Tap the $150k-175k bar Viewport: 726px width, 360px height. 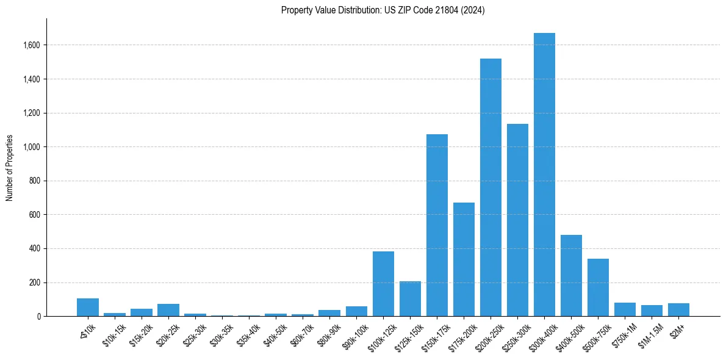click(x=437, y=225)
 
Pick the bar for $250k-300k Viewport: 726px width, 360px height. click(x=517, y=220)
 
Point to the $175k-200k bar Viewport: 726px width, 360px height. click(x=464, y=259)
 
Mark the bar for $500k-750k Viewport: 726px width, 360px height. click(x=598, y=287)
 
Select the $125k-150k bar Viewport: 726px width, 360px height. click(x=410, y=299)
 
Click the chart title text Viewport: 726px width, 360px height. click(x=383, y=10)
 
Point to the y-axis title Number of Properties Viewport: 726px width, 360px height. click(x=10, y=168)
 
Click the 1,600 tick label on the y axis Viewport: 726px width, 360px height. click(x=32, y=45)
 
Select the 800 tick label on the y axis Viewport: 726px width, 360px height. click(x=34, y=181)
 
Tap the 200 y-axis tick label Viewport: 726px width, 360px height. click(x=34, y=283)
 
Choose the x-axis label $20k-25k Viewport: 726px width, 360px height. click(x=167, y=334)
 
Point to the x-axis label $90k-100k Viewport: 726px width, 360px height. click(x=354, y=335)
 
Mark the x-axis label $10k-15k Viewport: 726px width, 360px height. click(x=113, y=334)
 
